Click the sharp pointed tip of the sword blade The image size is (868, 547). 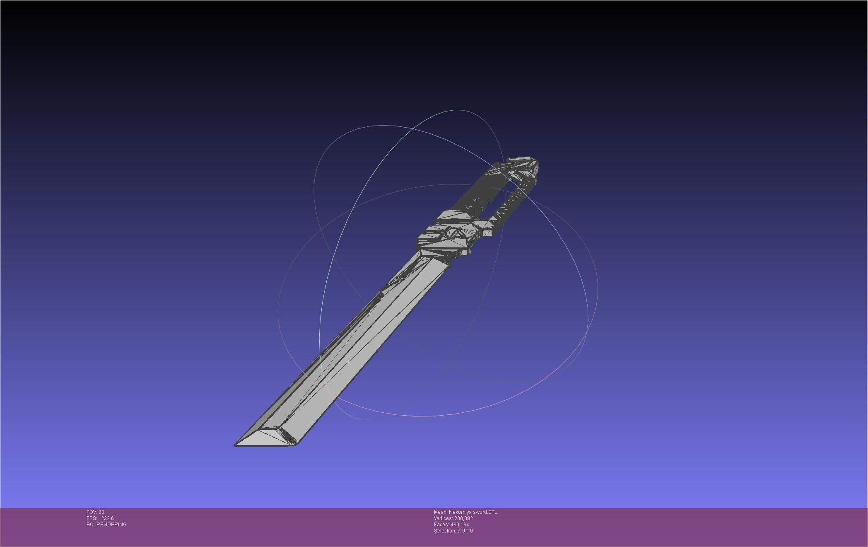[x=236, y=445]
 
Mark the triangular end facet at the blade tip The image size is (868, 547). [x=269, y=437]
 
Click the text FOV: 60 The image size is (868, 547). [x=95, y=512]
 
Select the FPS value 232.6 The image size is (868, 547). [x=107, y=518]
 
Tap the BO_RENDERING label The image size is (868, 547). [x=106, y=525]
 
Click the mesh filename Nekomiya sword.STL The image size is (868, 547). [x=473, y=512]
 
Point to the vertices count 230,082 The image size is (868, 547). [x=463, y=518]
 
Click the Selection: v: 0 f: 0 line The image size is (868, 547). [x=453, y=531]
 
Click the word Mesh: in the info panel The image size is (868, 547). [x=441, y=512]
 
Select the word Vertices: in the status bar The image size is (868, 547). [x=443, y=518]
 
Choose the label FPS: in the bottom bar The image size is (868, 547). [x=92, y=518]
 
